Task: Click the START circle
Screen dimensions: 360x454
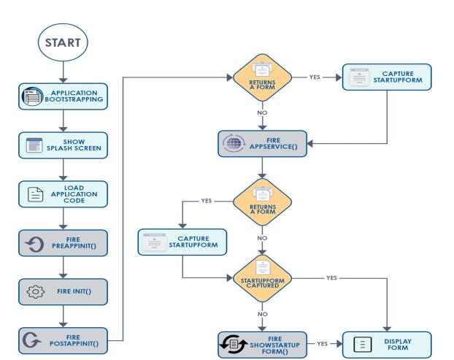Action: coord(64,45)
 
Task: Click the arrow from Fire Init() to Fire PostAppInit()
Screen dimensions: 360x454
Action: coord(64,315)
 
